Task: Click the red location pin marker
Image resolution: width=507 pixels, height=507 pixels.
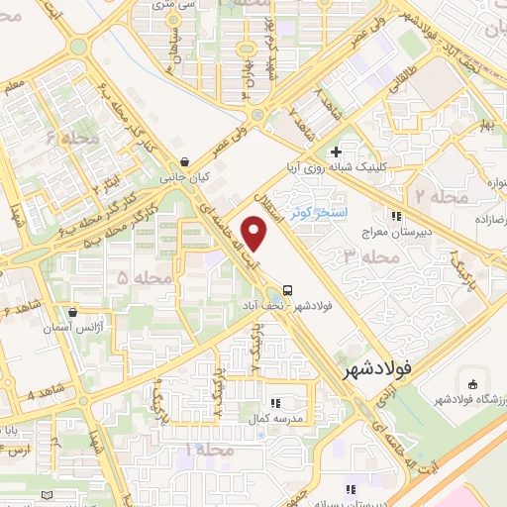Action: (x=255, y=235)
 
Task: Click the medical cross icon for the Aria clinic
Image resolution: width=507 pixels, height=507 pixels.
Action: (x=336, y=152)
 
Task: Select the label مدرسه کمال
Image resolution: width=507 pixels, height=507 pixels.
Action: (x=276, y=420)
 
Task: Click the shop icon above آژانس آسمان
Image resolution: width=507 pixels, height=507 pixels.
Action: (x=72, y=311)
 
